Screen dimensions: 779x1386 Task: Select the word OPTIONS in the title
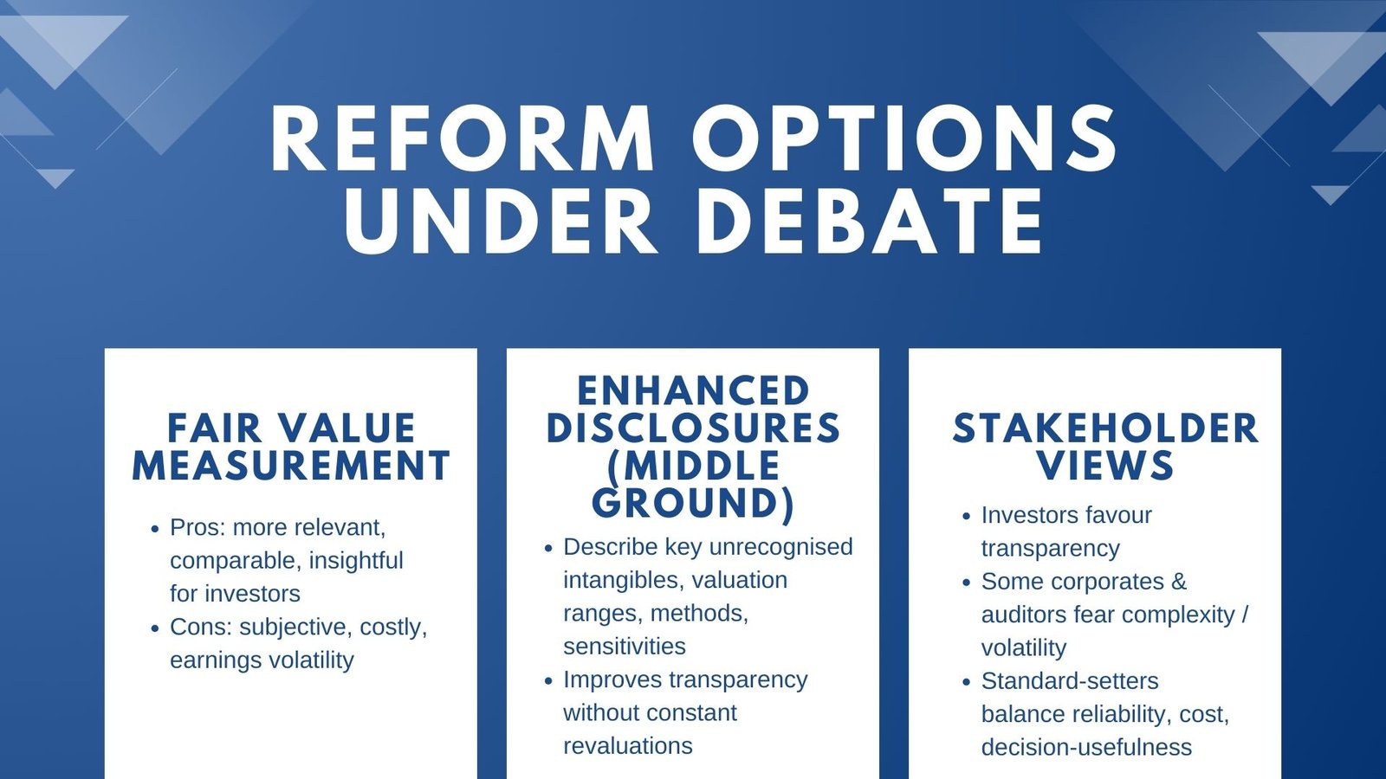[x=905, y=140]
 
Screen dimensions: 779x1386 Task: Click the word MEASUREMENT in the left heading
[x=291, y=466]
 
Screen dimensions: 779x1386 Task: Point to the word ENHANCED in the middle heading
[x=693, y=391]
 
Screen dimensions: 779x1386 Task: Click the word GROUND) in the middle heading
[x=693, y=503]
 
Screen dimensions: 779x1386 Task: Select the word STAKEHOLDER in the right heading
[x=1105, y=428]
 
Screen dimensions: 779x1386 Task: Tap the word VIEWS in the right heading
[x=1105, y=466]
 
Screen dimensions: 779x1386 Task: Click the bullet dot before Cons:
[x=155, y=628]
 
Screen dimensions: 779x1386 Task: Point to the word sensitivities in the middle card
[x=624, y=647]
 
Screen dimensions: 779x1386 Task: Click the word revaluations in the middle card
[x=627, y=746]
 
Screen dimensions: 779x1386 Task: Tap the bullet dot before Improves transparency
[x=548, y=681]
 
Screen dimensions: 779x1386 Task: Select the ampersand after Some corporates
[x=1179, y=582]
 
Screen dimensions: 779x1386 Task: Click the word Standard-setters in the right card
[x=1069, y=681]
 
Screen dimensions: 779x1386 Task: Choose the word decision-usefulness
[x=1085, y=748]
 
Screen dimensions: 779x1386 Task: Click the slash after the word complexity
[x=1245, y=615]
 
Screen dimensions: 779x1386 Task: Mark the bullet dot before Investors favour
[x=967, y=516]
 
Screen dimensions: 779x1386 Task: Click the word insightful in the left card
[x=356, y=561]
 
